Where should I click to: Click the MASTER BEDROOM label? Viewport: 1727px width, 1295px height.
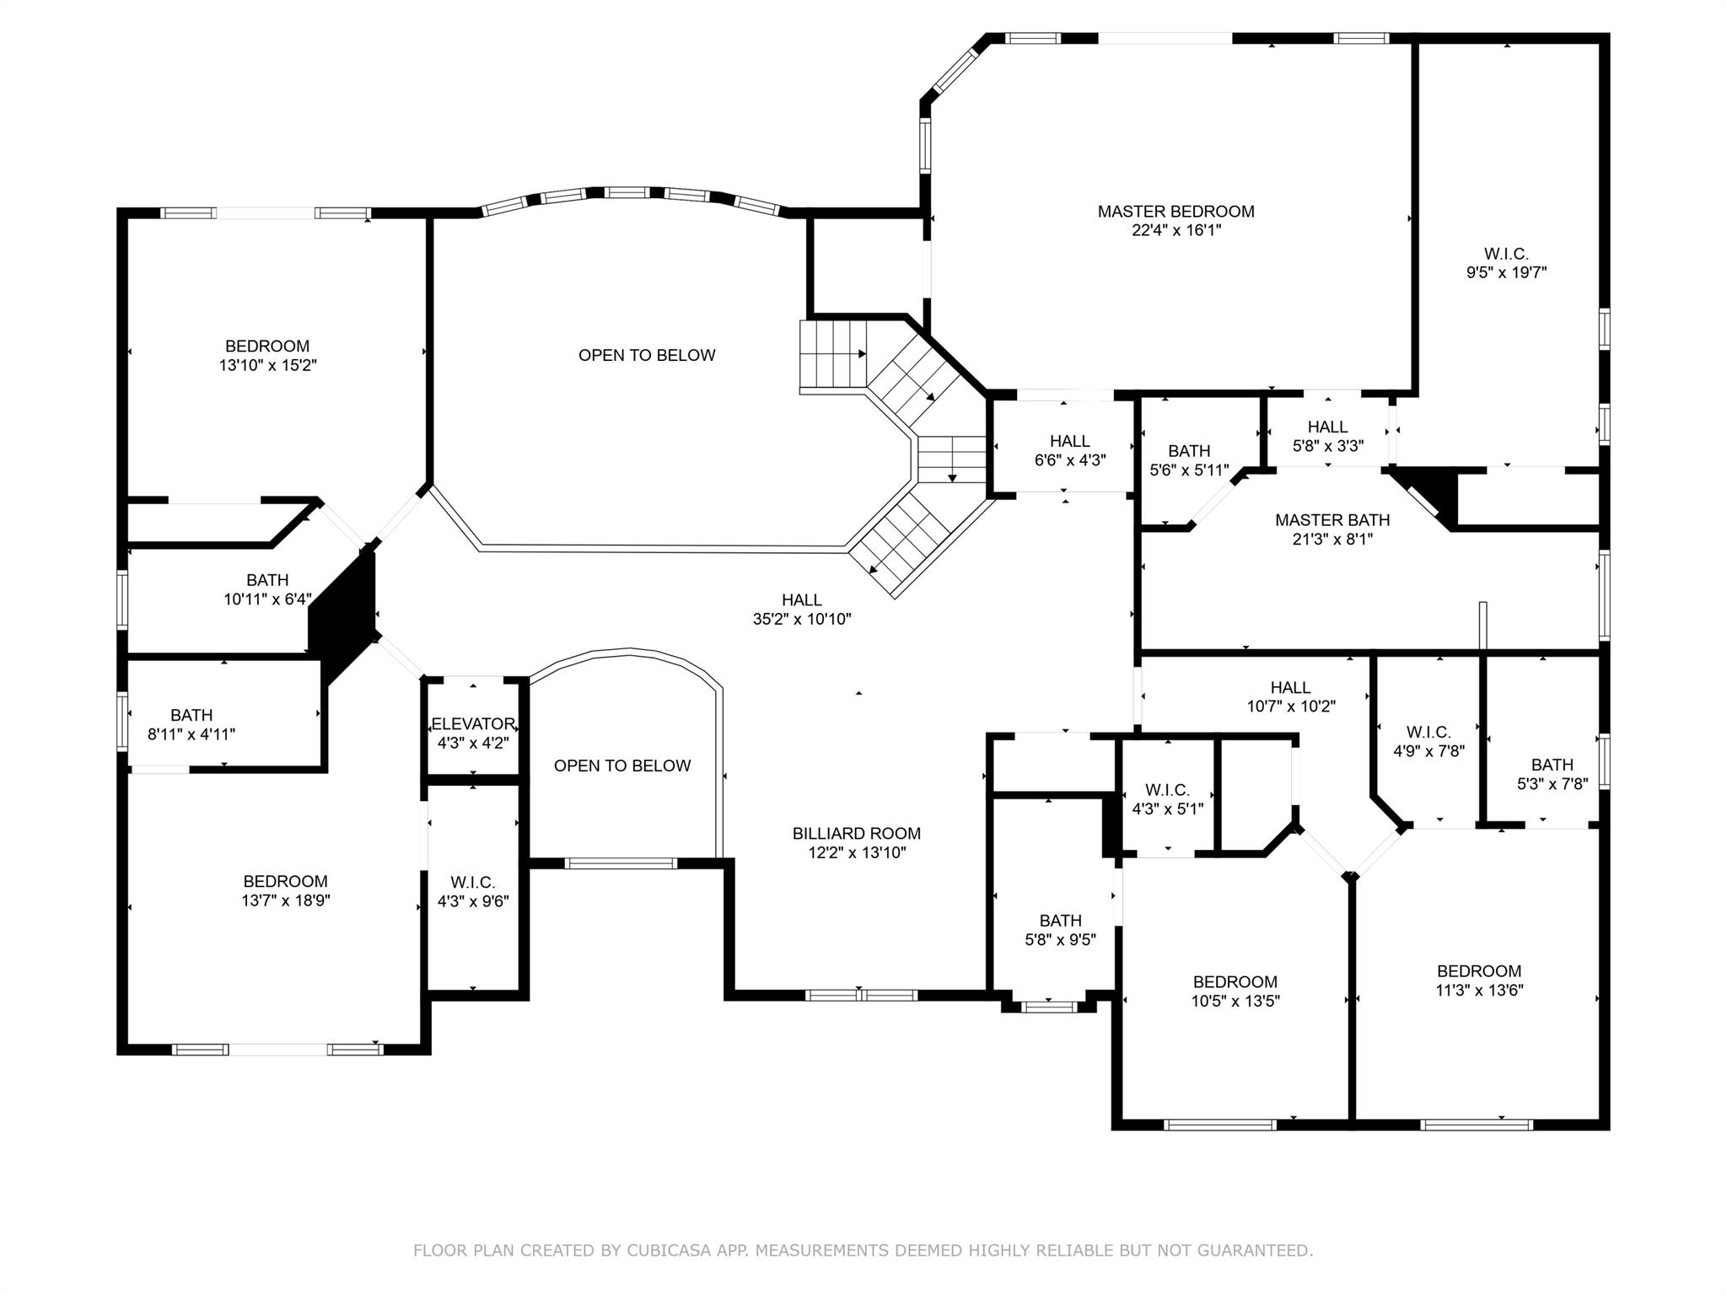pyautogui.click(x=1176, y=212)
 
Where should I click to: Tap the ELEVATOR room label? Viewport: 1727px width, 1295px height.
pyautogui.click(x=473, y=723)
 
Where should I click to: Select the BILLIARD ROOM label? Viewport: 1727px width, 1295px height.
pyautogui.click(x=856, y=833)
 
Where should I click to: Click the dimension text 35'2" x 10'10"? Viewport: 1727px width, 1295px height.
pyautogui.click(x=802, y=619)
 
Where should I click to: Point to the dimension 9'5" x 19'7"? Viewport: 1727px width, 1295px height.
pyautogui.click(x=1506, y=272)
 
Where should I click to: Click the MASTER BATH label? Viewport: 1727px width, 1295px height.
pyautogui.click(x=1332, y=520)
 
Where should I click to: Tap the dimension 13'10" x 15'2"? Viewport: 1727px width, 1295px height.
pyautogui.click(x=267, y=365)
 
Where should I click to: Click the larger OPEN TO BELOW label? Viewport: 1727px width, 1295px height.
pyautogui.click(x=647, y=355)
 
